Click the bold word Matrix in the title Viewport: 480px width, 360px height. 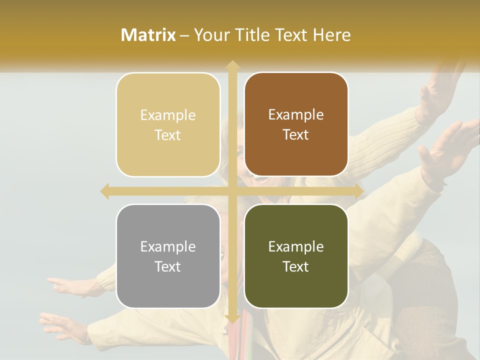[148, 35]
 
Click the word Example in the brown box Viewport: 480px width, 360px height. [296, 114]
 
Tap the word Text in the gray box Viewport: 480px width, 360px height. [168, 266]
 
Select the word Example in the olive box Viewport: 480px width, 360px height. [296, 246]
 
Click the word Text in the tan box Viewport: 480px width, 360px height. [168, 135]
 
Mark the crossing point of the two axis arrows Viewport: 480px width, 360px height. [232, 191]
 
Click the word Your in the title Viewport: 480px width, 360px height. [210, 35]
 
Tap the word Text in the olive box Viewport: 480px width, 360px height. [296, 266]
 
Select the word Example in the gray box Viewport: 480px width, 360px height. [168, 246]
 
